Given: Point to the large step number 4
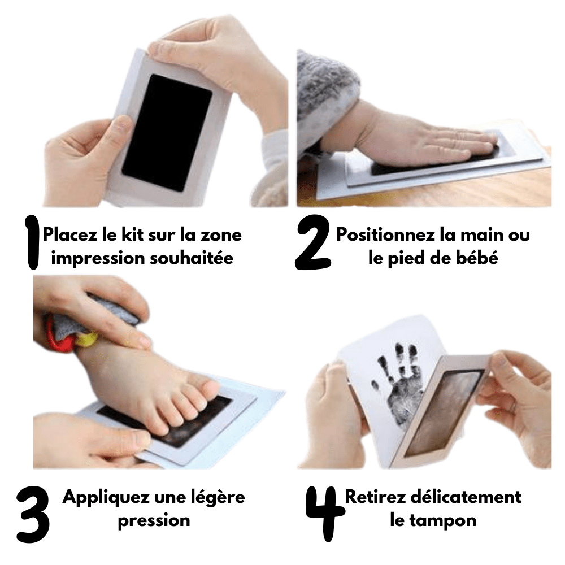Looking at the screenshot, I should pyautogui.click(x=323, y=511).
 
